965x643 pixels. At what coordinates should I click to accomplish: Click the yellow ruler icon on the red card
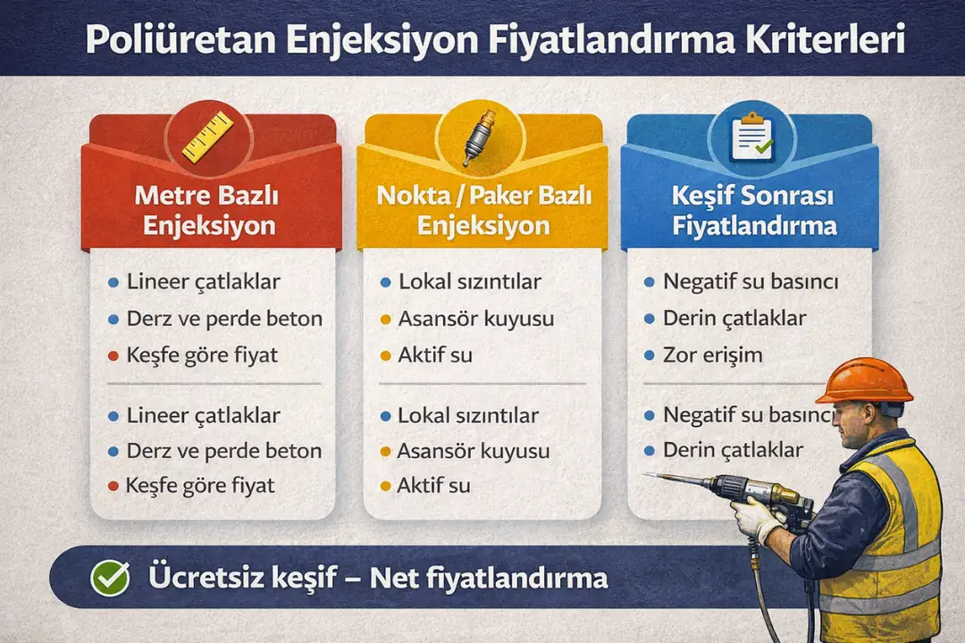pos(207,136)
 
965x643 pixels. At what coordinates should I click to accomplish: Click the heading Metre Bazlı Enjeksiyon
pos(211,208)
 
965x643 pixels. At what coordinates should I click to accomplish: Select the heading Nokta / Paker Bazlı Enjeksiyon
pos(482,208)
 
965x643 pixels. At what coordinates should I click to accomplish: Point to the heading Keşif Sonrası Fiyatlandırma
pos(754,208)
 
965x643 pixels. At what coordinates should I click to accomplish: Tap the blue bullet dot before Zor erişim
pos(650,355)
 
